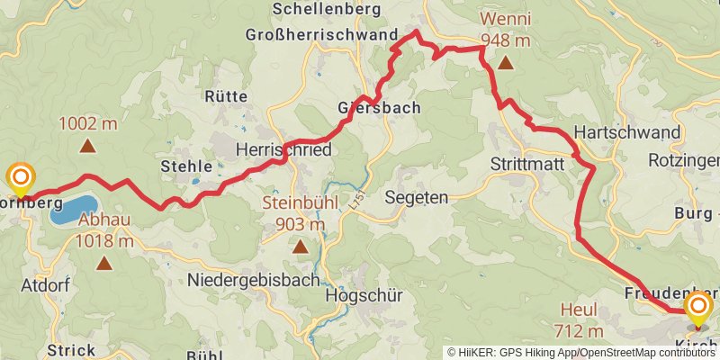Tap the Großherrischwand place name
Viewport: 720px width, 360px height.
pos(321,35)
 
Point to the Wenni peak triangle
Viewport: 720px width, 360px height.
pos(506,63)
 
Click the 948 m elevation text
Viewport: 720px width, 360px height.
pos(505,40)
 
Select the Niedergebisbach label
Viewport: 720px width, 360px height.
pos(253,280)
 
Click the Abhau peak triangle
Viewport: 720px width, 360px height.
pos(105,264)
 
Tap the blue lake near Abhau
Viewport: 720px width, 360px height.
pos(72,211)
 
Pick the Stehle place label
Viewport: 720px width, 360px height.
pos(186,166)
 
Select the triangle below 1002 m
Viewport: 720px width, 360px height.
pos(89,146)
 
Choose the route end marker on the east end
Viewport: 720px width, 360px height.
pos(698,310)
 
